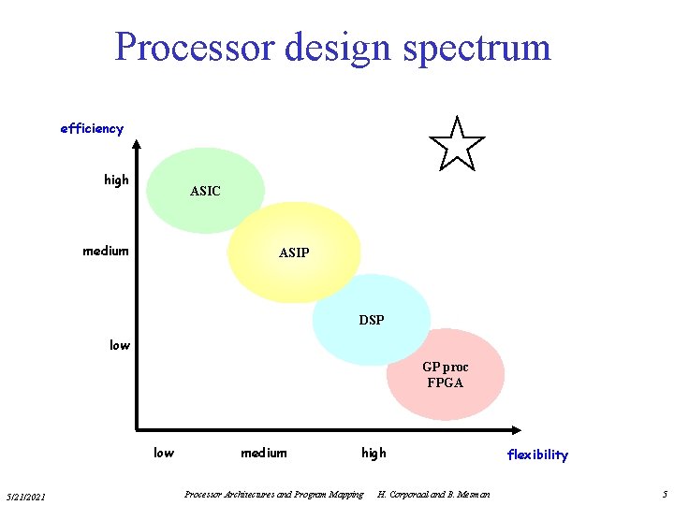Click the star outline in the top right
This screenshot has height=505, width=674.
(456, 146)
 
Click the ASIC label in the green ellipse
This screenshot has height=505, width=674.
(205, 191)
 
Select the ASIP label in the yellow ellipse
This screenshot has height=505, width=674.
(294, 252)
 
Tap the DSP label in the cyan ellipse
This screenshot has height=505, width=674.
(372, 320)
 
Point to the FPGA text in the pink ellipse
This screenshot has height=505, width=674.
(445, 382)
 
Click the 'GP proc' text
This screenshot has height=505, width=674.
(445, 368)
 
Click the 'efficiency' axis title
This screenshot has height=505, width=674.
(92, 128)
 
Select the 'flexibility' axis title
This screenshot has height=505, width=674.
(537, 454)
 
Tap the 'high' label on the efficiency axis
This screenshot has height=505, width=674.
(117, 180)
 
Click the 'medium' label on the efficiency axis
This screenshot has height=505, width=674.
(106, 250)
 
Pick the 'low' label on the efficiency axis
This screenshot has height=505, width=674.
(120, 345)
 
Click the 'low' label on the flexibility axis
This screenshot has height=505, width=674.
(164, 453)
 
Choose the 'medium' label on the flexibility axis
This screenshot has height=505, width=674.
(264, 453)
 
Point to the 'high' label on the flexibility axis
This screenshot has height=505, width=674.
(374, 453)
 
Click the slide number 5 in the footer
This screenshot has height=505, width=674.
(664, 494)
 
